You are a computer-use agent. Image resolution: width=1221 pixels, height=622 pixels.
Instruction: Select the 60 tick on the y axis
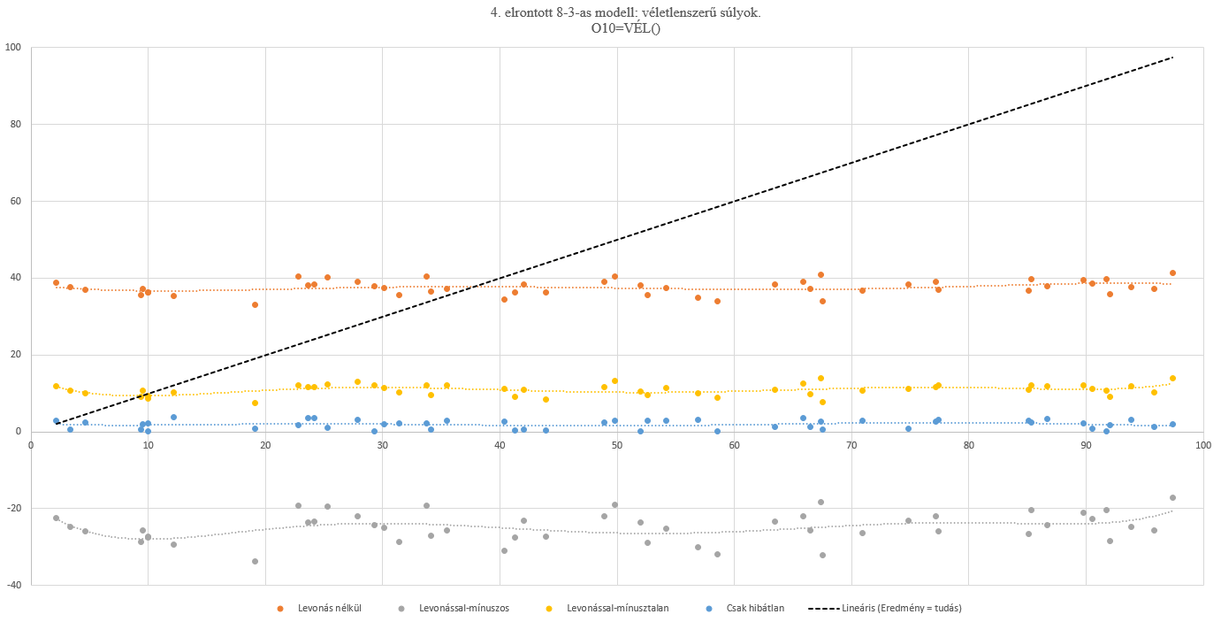(15, 201)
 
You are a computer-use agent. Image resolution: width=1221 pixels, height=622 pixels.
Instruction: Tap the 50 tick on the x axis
(617, 445)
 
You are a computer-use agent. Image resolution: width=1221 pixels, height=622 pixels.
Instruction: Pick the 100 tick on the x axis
(1203, 445)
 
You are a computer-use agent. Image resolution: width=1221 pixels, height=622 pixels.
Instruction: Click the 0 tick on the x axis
(31, 445)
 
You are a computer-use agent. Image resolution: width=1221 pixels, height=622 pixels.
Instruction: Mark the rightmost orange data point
(1172, 273)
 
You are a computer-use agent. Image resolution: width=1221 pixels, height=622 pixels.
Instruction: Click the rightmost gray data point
(1172, 497)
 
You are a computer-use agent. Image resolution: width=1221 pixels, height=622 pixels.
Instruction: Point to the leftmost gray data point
(56, 518)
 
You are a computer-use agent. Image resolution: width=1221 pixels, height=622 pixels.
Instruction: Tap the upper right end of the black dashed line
(1172, 58)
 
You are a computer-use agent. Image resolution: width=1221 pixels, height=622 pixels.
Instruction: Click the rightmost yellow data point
(1172, 378)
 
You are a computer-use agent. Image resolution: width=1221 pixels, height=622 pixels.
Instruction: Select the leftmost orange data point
(56, 282)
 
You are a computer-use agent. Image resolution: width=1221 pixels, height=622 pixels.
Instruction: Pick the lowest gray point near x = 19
(255, 561)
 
